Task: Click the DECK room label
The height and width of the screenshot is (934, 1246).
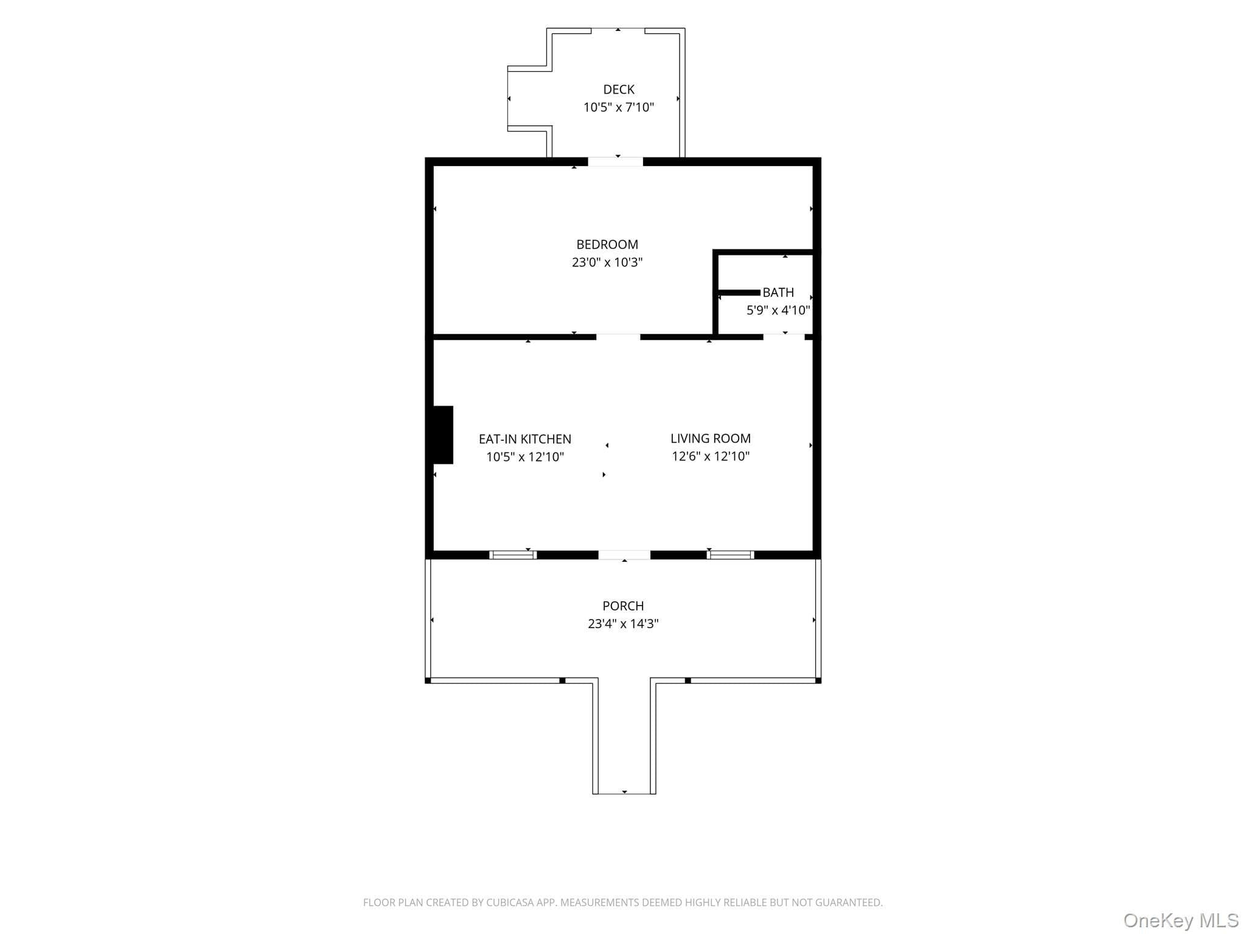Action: click(619, 89)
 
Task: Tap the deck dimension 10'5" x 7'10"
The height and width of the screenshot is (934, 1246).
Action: click(619, 108)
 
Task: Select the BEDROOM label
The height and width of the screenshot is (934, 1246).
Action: click(607, 244)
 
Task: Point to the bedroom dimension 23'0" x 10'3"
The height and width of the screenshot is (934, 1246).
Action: click(607, 263)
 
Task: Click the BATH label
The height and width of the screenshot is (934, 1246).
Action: click(778, 292)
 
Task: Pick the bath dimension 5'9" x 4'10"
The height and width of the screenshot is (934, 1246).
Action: click(778, 311)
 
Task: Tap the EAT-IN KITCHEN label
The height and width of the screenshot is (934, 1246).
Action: click(525, 439)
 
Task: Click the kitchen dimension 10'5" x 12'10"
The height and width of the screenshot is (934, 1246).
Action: click(525, 457)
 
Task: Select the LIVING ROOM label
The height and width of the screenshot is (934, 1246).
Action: click(711, 438)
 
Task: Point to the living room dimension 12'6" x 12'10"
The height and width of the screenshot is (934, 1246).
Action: click(711, 457)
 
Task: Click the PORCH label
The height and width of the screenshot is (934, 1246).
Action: click(623, 606)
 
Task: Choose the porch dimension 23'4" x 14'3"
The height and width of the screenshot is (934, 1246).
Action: click(623, 624)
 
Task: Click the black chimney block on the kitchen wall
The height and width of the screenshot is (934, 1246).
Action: click(443, 435)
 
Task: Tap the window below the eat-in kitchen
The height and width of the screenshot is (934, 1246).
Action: click(513, 555)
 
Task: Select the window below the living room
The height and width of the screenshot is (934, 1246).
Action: click(730, 555)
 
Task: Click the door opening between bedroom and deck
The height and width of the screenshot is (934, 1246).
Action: click(615, 162)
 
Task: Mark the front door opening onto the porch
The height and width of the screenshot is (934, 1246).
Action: click(624, 555)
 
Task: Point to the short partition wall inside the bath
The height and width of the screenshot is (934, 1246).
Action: click(739, 292)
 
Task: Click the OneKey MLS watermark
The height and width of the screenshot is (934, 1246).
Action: click(1181, 921)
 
